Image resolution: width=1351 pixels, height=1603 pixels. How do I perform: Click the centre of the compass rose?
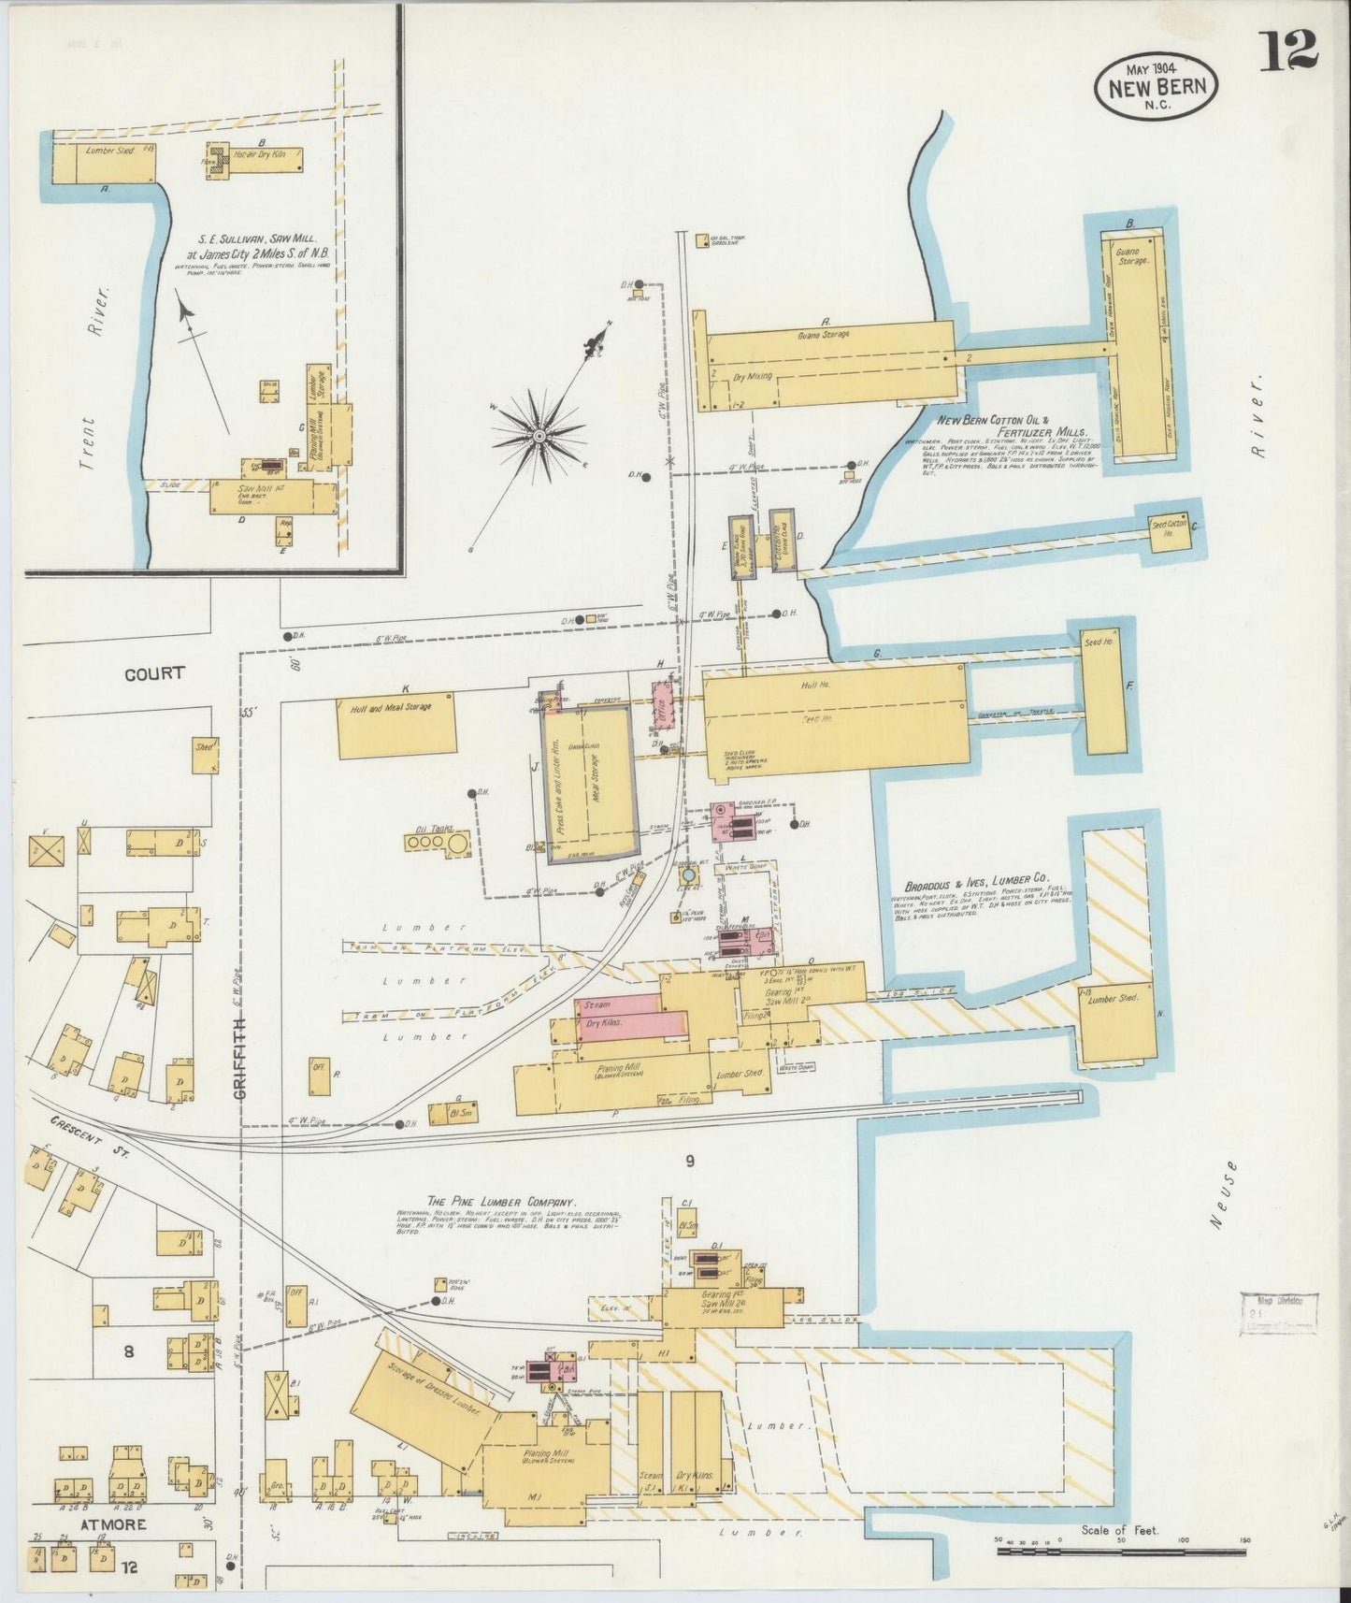(x=539, y=436)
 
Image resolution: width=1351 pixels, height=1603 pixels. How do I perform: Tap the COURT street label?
(x=154, y=673)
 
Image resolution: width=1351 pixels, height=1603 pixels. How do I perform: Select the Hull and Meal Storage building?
(x=395, y=725)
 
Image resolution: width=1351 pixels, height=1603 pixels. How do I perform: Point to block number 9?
(x=689, y=1162)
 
